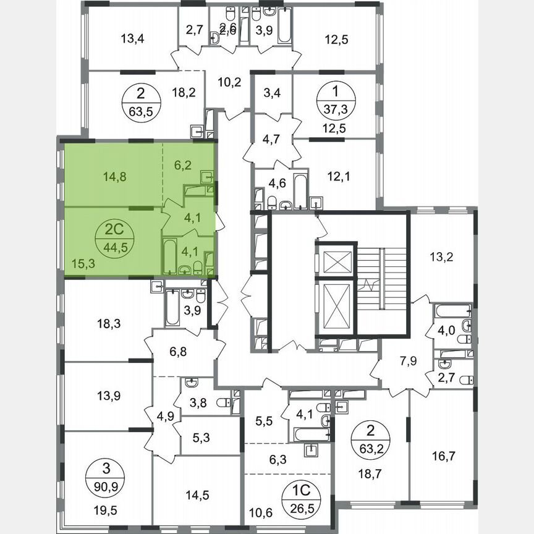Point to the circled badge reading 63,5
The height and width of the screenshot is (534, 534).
pos(141,102)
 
